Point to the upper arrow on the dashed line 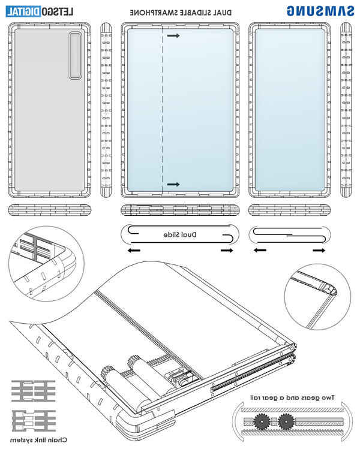click(x=173, y=37)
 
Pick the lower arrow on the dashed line click(x=173, y=184)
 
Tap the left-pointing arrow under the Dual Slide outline click(x=133, y=249)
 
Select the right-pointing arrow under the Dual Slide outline click(x=226, y=249)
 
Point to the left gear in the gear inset click(x=262, y=420)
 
